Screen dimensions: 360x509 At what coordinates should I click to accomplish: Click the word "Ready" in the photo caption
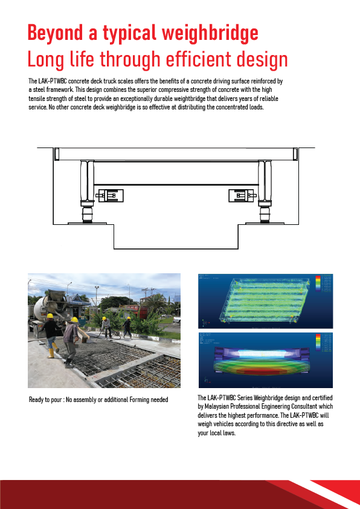tap(37, 400)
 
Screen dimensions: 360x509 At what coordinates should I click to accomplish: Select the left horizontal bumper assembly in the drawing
tap(110, 196)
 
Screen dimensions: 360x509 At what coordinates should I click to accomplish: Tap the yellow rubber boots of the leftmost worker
tap(52, 351)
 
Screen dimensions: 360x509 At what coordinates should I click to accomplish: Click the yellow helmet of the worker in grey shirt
tap(75, 320)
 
